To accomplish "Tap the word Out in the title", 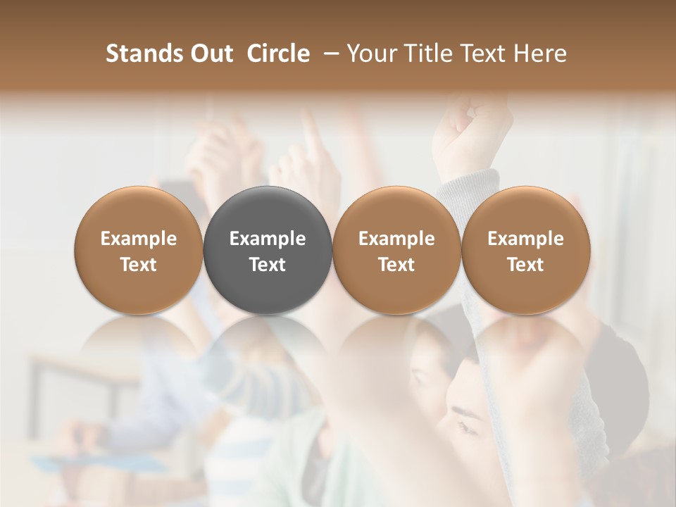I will (209, 54).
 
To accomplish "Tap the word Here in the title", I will (540, 54).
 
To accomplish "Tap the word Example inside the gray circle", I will (268, 239).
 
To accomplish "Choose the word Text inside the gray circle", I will (268, 265).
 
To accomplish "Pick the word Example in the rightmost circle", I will (525, 239).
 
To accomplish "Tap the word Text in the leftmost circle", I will (139, 265).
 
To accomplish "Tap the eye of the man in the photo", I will (466, 426).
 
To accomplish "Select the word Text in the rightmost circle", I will (525, 265).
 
